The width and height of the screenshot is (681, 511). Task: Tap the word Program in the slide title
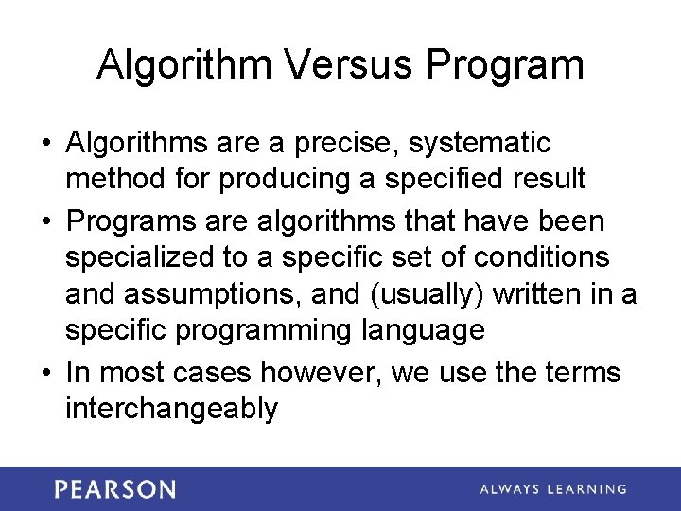[x=504, y=65]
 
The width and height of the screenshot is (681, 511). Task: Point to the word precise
[x=333, y=143]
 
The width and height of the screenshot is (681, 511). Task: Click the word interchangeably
[x=171, y=409]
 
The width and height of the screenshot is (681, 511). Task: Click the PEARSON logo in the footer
[x=114, y=489]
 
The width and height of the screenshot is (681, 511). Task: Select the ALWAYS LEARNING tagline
[x=552, y=489]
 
